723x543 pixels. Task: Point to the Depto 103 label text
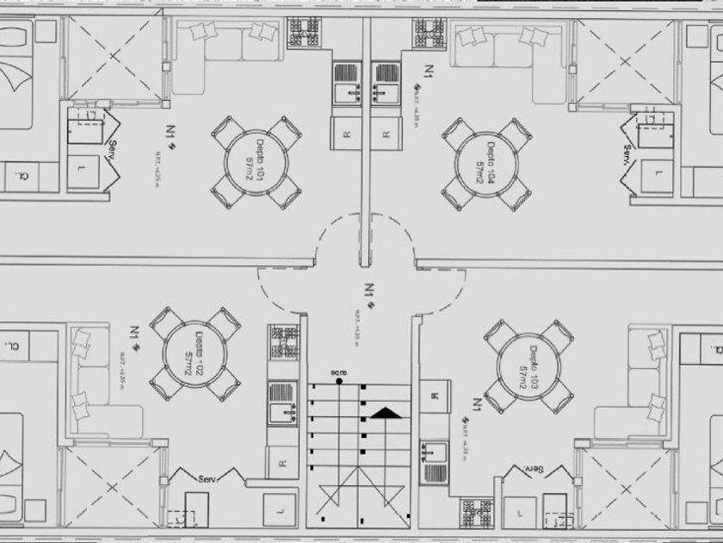point(528,365)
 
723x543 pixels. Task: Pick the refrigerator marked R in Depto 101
point(346,133)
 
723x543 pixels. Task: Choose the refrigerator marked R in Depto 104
point(387,133)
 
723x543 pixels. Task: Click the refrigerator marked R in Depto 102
point(282,464)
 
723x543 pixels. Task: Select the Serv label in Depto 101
point(111,156)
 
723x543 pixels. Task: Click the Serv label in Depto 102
point(209,479)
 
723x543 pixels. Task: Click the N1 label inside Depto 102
point(136,332)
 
